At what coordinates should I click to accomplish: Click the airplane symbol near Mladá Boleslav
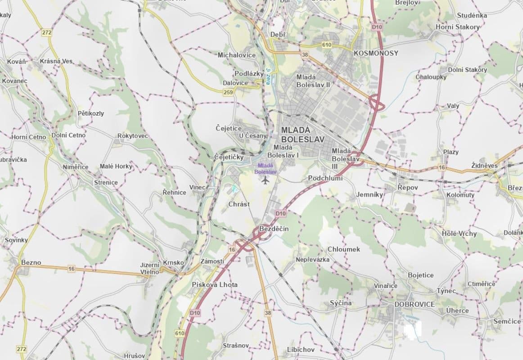click(265, 180)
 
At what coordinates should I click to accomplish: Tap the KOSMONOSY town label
click(376, 53)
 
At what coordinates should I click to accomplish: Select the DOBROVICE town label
click(415, 304)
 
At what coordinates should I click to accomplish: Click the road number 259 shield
click(228, 92)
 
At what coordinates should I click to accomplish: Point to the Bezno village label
click(31, 262)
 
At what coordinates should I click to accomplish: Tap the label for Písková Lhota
click(215, 284)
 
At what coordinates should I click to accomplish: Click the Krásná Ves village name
click(56, 61)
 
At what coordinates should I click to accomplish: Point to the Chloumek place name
click(344, 249)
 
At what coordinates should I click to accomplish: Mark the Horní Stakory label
click(458, 27)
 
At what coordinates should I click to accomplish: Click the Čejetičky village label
click(229, 157)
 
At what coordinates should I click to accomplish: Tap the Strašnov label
click(236, 346)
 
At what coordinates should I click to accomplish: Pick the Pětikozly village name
click(90, 113)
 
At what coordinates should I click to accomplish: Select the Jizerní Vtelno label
click(150, 268)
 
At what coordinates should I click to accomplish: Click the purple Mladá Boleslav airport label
click(266, 169)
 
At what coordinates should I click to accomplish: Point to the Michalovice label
click(237, 55)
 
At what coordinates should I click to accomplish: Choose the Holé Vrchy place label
click(459, 234)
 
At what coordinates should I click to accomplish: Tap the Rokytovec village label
click(133, 136)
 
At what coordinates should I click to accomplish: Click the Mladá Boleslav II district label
click(313, 81)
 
